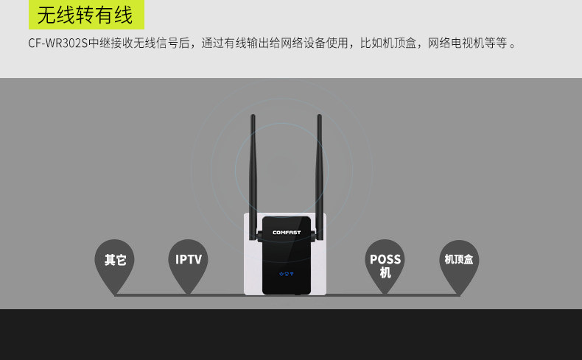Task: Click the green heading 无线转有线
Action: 85,15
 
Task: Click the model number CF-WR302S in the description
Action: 57,43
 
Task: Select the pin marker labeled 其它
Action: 115,261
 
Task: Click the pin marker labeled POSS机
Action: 385,264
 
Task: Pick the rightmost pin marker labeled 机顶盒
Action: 459,261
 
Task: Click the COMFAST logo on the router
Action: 287,233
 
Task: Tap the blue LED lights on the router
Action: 287,274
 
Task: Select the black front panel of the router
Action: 287,254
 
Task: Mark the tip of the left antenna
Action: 253,117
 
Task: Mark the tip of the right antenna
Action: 320,117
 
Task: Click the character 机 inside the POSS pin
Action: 385,273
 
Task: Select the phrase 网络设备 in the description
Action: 312,43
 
